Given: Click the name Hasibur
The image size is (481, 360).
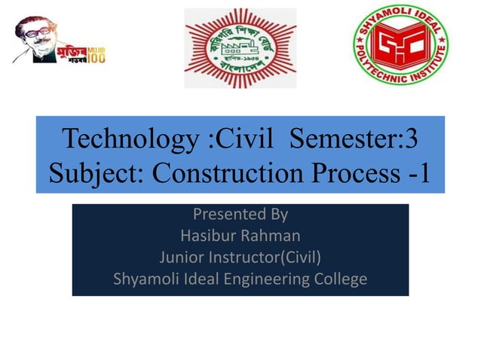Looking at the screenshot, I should [x=208, y=236].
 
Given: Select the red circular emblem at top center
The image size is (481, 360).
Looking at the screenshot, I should [x=240, y=47].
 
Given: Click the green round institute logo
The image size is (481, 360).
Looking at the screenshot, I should [x=401, y=45].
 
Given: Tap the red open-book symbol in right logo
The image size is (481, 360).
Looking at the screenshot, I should [x=401, y=44].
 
